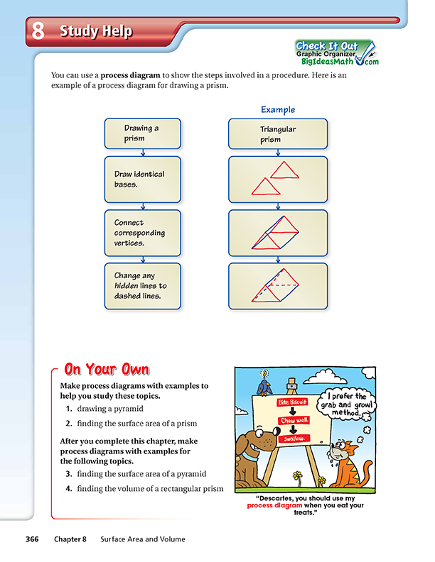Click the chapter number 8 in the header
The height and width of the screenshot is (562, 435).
pos(38,31)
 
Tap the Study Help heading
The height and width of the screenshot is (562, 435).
pos(95,31)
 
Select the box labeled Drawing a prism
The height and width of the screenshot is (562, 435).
pos(143,133)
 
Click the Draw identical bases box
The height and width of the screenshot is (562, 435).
pos(143,179)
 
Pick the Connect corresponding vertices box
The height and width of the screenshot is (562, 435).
pos(143,232)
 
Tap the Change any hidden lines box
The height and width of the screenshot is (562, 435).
pos(143,285)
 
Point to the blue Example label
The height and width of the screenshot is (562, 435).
pos(277,110)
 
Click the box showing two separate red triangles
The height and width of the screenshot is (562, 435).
pos(277,179)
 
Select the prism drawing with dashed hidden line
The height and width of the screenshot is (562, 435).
pos(277,285)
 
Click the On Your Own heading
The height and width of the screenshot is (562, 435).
pos(107,369)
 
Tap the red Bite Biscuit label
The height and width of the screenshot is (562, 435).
pos(292,402)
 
